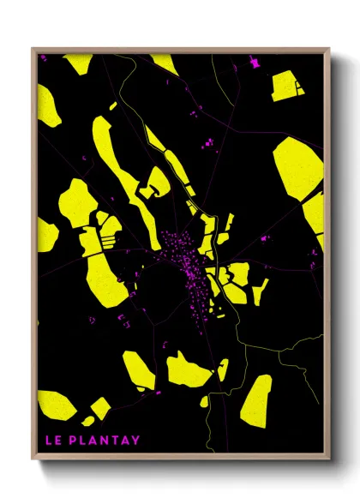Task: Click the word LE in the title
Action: pyautogui.click(x=51, y=441)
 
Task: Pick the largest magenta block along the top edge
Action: pyautogui.click(x=253, y=63)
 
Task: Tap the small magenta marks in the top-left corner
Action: pyautogui.click(x=43, y=59)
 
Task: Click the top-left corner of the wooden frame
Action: pyautogui.click(x=33, y=49)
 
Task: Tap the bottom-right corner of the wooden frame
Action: pyautogui.click(x=328, y=456)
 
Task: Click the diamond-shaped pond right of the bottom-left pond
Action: pyautogui.click(x=100, y=409)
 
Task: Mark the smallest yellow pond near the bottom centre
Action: pyautogui.click(x=204, y=400)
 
